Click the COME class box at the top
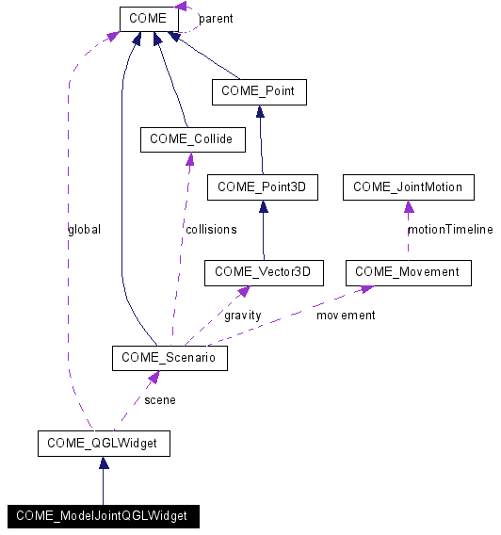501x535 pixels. (x=149, y=18)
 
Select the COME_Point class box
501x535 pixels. (x=259, y=91)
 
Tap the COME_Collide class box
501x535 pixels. (x=192, y=140)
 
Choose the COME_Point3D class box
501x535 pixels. (x=262, y=187)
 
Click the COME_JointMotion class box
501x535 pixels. (x=408, y=187)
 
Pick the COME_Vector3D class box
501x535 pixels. (x=263, y=272)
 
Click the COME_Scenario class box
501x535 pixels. (x=169, y=358)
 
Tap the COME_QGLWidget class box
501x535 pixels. (x=104, y=443)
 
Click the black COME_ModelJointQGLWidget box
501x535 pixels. (x=102, y=515)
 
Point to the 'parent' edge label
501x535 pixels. (x=216, y=19)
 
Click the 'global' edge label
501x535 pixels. (x=84, y=229)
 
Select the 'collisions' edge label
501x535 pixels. (x=210, y=229)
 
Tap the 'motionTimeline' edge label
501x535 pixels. (x=449, y=229)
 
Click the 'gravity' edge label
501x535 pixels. (x=242, y=315)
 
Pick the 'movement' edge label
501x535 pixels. (x=345, y=315)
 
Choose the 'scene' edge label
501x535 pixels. (x=159, y=400)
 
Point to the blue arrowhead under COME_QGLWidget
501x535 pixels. (x=104, y=462)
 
